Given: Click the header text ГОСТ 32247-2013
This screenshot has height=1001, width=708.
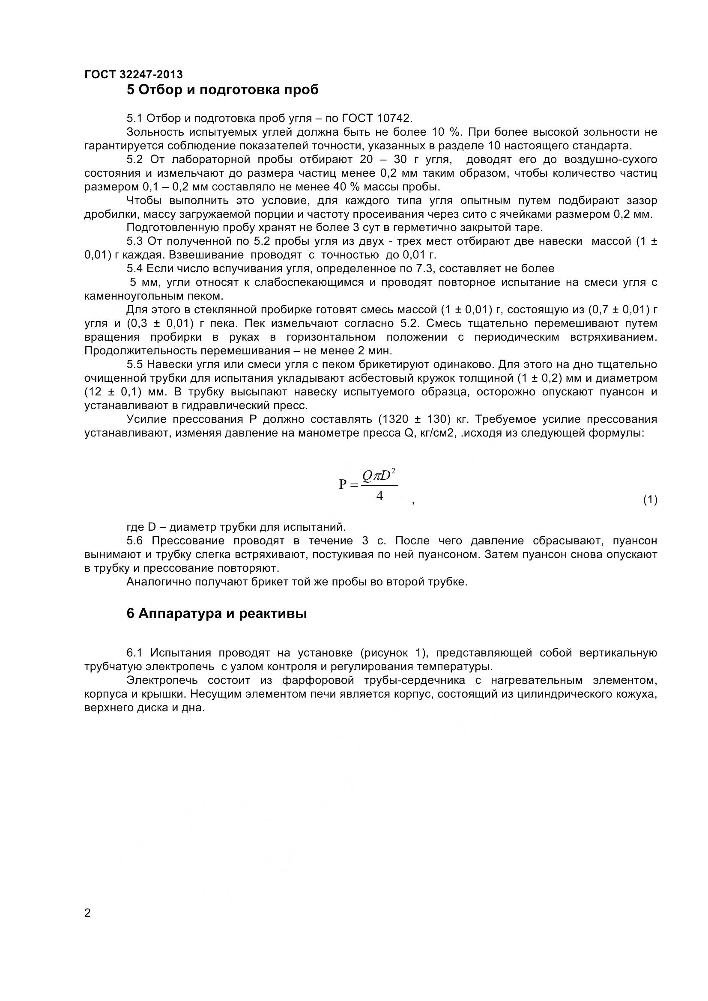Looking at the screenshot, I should pyautogui.click(x=134, y=74).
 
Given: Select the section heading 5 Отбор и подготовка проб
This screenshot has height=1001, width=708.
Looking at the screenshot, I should pyautogui.click(x=222, y=90).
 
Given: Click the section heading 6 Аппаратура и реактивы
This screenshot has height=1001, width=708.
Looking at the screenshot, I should pyautogui.click(x=216, y=614).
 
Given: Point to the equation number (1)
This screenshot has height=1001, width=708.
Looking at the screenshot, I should pyautogui.click(x=650, y=499).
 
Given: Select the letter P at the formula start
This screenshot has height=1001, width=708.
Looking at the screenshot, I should pyautogui.click(x=343, y=484).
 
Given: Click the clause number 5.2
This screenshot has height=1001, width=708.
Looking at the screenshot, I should pyautogui.click(x=135, y=159).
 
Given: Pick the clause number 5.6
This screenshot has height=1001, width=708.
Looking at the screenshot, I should pyautogui.click(x=135, y=541).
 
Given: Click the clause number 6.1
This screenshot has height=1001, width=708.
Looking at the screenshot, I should pyautogui.click(x=135, y=653).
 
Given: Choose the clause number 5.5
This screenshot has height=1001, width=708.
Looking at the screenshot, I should pyautogui.click(x=135, y=365).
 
